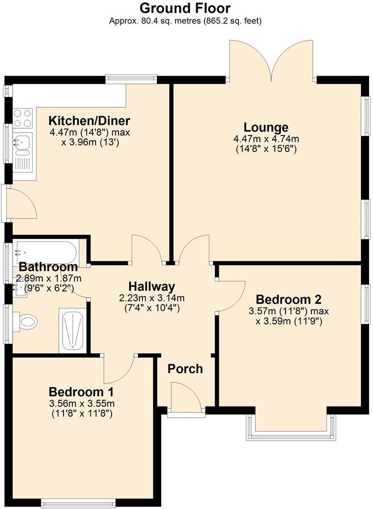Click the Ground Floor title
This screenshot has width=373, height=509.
coord(185,8)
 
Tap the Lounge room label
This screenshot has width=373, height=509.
coord(266,128)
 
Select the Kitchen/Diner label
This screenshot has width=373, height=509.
coord(89,121)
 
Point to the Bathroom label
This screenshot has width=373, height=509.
coord(48,267)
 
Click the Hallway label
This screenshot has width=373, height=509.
coord(152,287)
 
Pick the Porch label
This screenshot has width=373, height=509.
coord(185,369)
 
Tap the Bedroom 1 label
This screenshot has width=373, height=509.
coord(81,392)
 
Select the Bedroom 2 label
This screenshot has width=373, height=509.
coord(289,299)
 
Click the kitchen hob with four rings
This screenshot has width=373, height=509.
coord(22,118)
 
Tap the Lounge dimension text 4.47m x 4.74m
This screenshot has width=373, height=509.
coord(266,139)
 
